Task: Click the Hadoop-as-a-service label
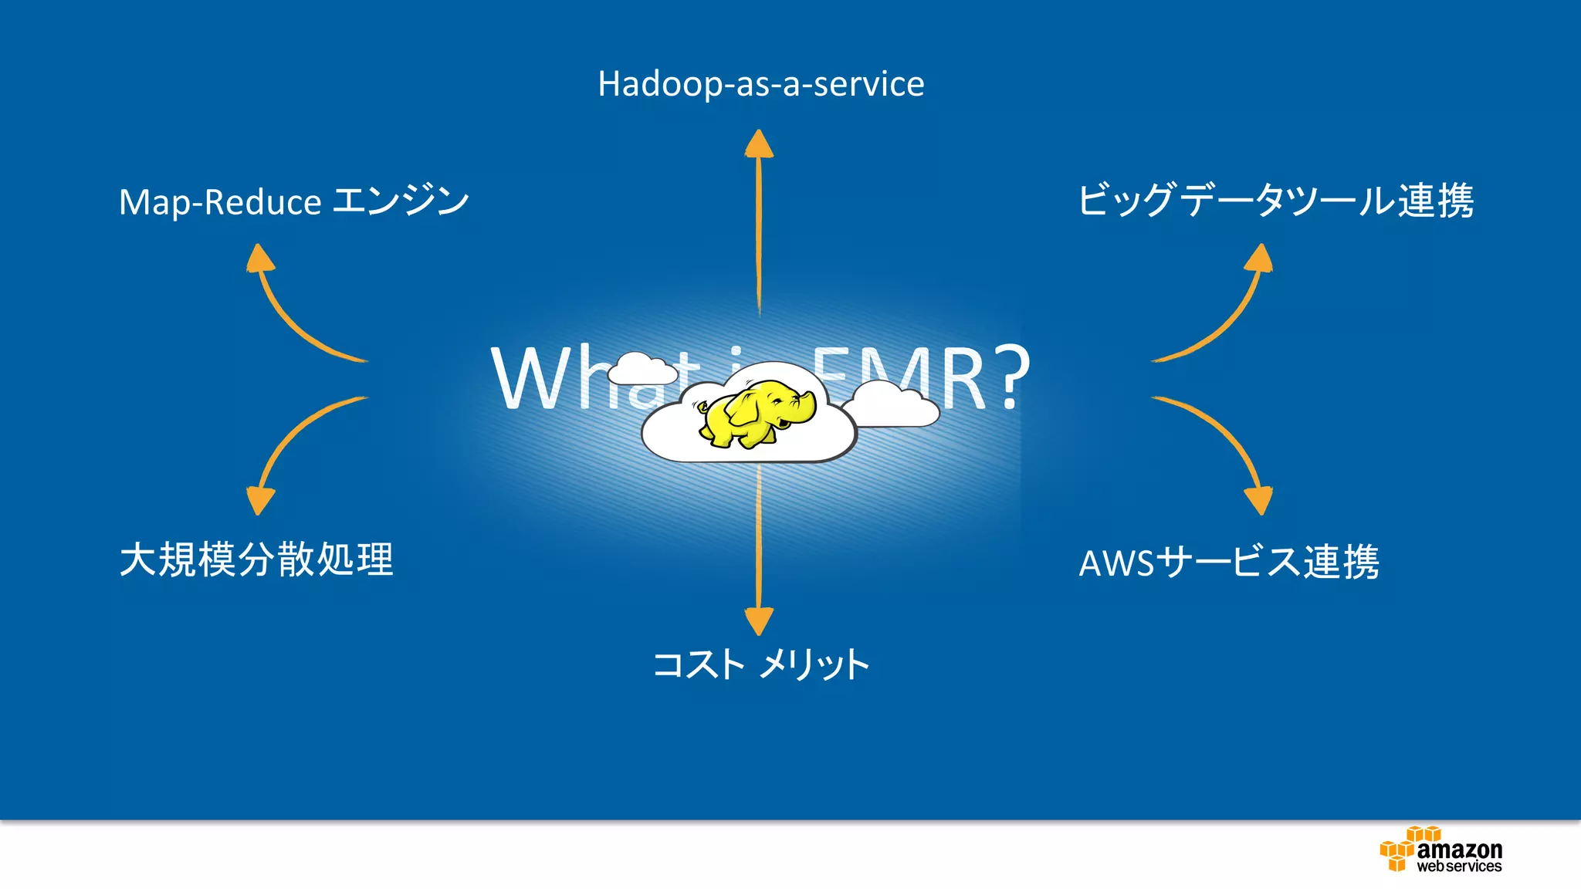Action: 760,84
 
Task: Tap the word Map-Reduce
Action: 219,203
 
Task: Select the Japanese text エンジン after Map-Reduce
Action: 401,201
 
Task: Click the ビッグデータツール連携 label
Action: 1275,201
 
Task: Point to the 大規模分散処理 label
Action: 256,559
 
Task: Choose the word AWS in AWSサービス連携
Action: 1116,563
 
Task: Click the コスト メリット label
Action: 760,664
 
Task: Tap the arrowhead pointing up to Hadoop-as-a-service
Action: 759,144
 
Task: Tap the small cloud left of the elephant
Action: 641,370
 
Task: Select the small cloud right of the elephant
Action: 892,404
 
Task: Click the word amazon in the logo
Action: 1459,850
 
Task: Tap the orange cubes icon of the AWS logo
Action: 1401,849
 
